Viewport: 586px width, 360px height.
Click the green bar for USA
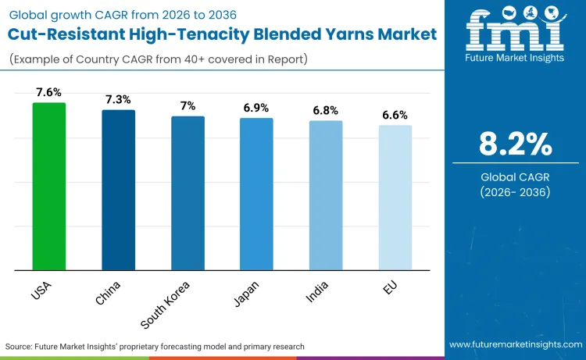(49, 187)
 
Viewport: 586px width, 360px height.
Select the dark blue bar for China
(118, 191)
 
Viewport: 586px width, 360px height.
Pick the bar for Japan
(255, 194)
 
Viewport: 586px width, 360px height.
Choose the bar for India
(325, 196)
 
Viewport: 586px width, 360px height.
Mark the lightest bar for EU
(395, 198)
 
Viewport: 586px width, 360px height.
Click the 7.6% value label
(49, 91)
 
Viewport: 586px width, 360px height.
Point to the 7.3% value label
(118, 99)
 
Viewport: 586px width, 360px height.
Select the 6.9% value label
(255, 106)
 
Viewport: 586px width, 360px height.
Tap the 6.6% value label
(395, 114)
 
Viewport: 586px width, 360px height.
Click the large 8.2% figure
(515, 144)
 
